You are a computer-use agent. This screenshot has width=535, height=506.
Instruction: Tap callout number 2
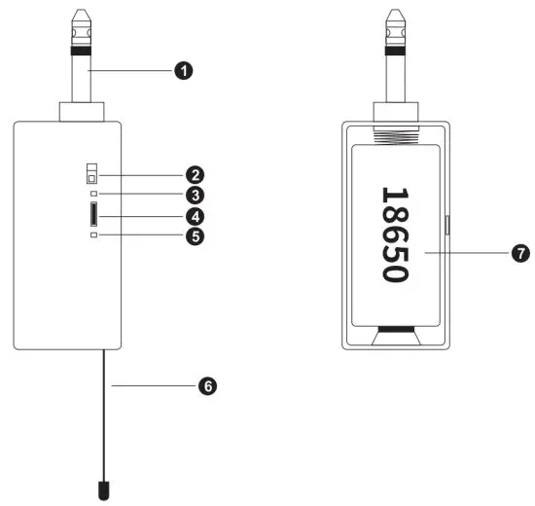click(x=196, y=176)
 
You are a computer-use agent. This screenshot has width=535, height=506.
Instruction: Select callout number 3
click(x=196, y=195)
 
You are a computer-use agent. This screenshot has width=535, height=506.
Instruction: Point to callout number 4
click(x=196, y=215)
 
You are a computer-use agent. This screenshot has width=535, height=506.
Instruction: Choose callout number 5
click(x=196, y=235)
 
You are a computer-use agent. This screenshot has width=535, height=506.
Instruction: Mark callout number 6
click(x=206, y=386)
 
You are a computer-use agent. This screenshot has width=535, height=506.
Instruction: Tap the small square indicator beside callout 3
click(x=92, y=195)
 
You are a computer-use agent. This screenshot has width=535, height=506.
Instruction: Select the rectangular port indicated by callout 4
click(x=92, y=214)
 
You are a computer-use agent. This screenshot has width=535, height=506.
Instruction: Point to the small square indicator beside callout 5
click(x=92, y=235)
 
